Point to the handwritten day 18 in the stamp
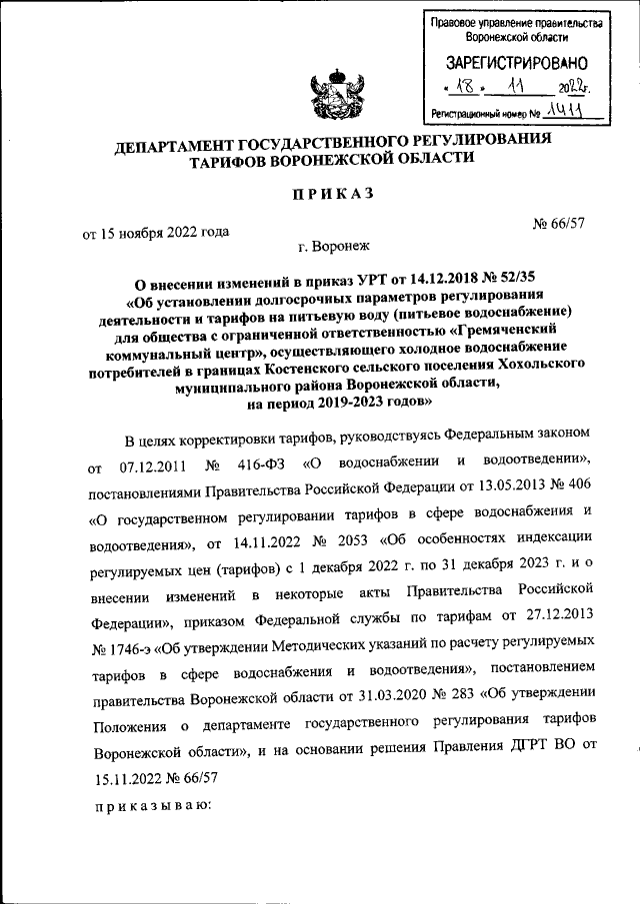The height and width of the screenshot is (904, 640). [x=459, y=88]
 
